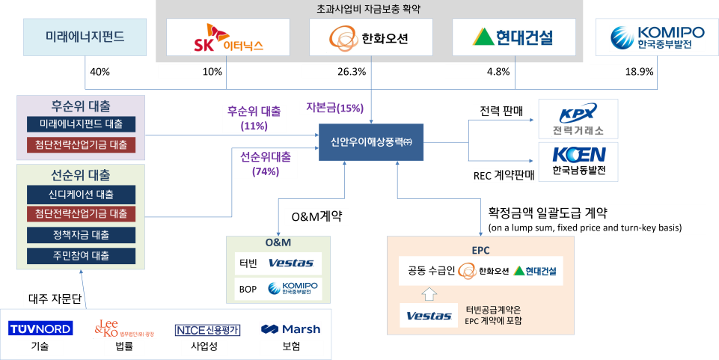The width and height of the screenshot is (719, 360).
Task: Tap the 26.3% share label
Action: [x=334, y=72]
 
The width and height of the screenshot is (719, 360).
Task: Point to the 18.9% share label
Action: [x=622, y=72]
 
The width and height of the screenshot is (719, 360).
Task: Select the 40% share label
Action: [x=99, y=72]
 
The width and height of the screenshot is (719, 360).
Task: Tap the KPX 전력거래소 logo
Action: [x=578, y=119]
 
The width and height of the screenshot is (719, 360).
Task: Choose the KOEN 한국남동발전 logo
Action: [x=578, y=162]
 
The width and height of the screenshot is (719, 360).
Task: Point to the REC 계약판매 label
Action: [x=504, y=176]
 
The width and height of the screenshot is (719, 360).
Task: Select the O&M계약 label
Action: [x=317, y=217]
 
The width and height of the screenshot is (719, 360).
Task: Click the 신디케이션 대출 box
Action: [x=82, y=195]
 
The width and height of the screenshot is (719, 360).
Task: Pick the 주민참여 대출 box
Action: [x=82, y=256]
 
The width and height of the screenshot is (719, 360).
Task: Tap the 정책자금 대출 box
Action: [x=82, y=235]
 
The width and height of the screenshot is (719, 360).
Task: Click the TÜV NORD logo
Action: [x=40, y=329]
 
